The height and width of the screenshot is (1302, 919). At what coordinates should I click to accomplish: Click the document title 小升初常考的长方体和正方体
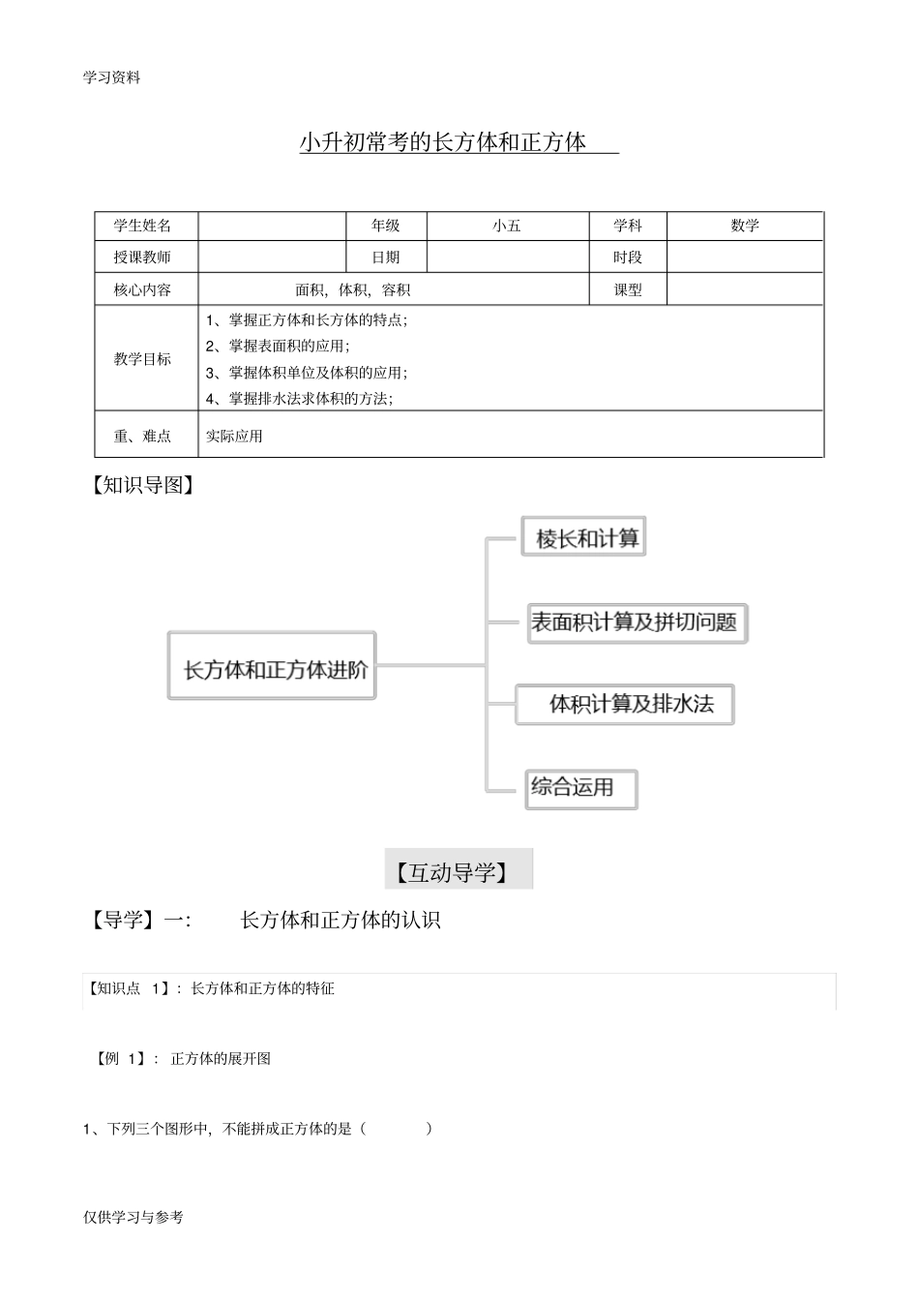coord(443,142)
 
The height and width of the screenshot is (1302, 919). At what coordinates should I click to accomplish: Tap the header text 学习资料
coord(112,78)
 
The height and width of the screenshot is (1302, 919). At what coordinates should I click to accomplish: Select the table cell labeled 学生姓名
coord(143,226)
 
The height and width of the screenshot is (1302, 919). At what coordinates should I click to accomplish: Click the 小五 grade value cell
coord(507,226)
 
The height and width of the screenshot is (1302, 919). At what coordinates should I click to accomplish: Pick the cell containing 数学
coord(745,226)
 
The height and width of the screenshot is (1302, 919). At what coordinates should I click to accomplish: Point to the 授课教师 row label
coord(143,257)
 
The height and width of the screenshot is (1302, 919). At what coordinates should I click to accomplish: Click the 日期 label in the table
coord(386,257)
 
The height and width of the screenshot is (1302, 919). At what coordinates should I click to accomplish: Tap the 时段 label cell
coord(628,257)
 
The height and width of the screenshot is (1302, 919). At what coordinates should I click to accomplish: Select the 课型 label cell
coord(628,289)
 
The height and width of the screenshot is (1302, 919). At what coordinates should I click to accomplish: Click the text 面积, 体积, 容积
coord(353,289)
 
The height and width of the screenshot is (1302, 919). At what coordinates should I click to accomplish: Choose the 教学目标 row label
coord(143,359)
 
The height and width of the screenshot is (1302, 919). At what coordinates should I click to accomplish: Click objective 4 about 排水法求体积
coord(300,398)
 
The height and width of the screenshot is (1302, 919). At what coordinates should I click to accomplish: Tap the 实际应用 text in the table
coord(234,437)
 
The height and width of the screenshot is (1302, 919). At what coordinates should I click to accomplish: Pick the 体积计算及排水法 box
coord(631,704)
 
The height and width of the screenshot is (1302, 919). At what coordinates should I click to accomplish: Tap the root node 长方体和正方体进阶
coord(275,668)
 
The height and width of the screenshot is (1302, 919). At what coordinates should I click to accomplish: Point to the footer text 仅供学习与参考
coord(133,1217)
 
